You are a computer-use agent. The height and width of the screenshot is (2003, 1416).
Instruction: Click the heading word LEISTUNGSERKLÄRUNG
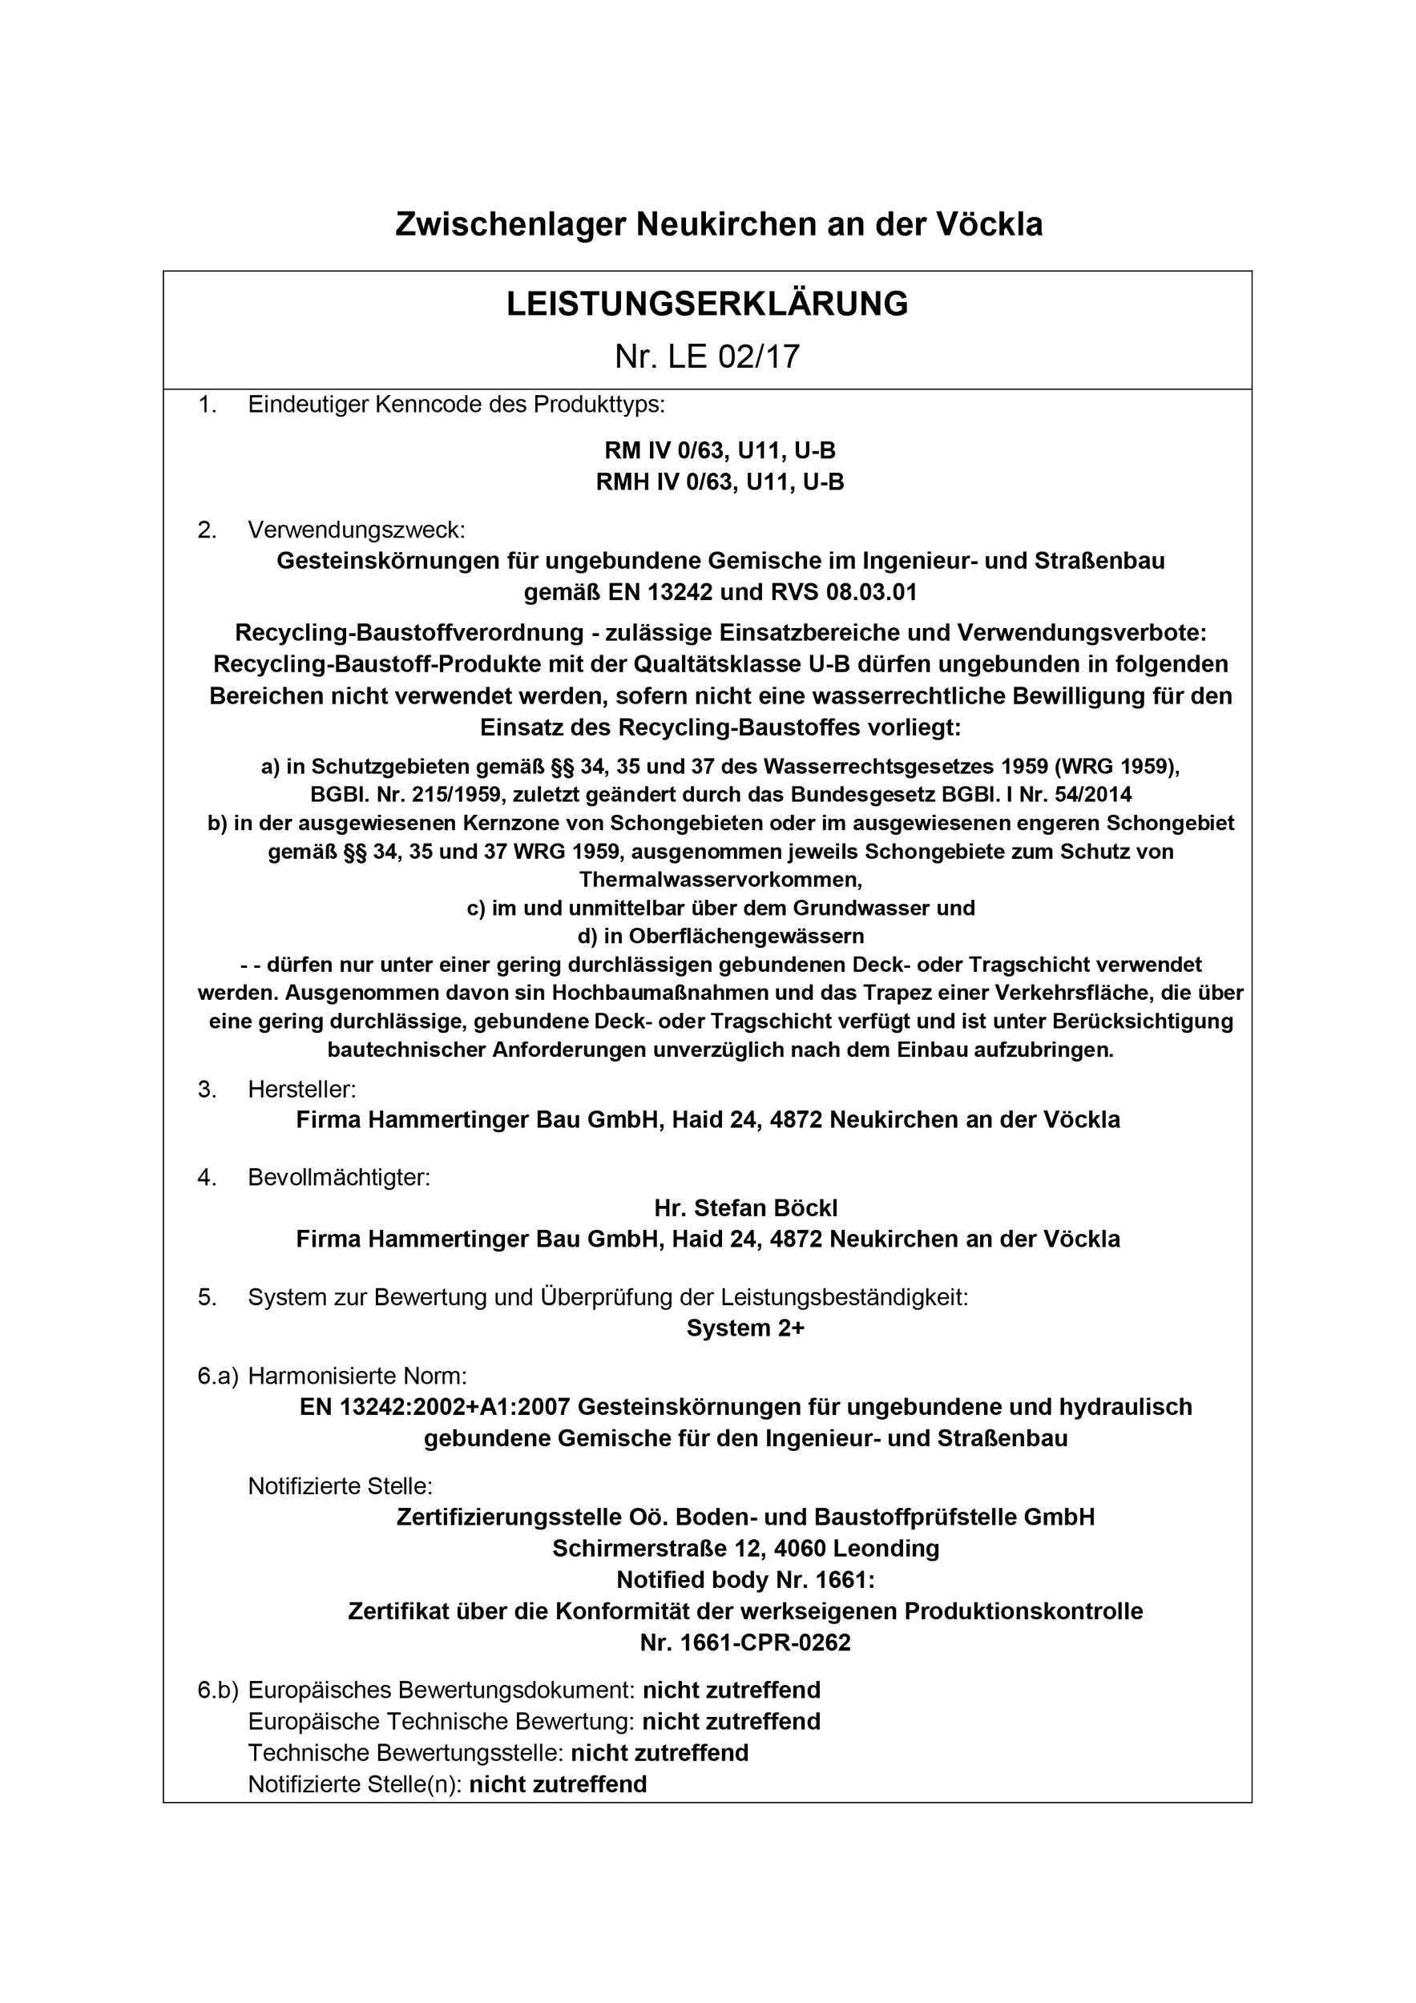[x=707, y=304]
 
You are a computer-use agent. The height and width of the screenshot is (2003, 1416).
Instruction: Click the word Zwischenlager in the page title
[x=510, y=224]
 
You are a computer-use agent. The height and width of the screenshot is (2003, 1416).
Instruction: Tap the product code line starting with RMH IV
[x=720, y=482]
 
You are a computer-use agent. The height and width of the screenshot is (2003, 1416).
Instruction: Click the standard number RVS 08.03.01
[x=844, y=592]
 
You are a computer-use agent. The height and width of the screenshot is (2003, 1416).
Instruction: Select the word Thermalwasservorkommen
[x=720, y=880]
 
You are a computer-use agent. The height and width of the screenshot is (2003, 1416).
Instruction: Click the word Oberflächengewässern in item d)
[x=746, y=936]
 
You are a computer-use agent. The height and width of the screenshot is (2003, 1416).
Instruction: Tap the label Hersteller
[x=302, y=1089]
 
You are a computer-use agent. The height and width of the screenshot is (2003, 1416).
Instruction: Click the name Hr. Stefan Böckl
[x=745, y=1208]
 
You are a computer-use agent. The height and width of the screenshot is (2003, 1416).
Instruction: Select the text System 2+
[x=745, y=1328]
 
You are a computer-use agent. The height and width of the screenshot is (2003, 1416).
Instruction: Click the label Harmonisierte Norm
[x=357, y=1376]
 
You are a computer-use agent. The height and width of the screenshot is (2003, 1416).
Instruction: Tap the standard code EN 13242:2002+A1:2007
[x=434, y=1407]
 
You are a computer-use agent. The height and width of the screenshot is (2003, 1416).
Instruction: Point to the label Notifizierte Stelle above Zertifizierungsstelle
[x=341, y=1485]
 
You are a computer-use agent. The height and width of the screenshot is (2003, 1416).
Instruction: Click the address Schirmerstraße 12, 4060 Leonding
[x=745, y=1549]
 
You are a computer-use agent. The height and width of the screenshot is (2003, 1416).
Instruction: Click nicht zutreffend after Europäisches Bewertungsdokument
[x=731, y=1690]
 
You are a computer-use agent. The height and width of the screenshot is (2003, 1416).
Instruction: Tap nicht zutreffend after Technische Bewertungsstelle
[x=660, y=1753]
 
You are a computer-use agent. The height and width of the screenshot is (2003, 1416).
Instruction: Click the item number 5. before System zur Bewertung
[x=207, y=1297]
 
